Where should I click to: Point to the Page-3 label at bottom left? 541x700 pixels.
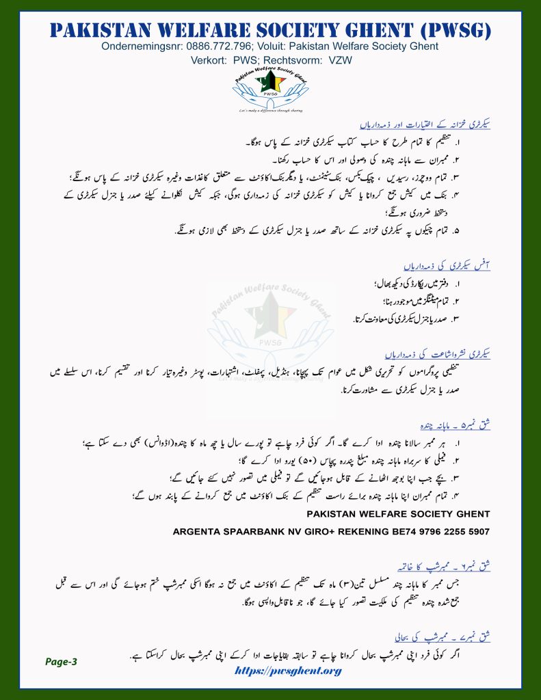[x=62, y=661]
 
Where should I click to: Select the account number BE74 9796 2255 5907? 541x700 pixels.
[x=428, y=530]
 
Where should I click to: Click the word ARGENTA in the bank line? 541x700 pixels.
[x=199, y=530]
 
